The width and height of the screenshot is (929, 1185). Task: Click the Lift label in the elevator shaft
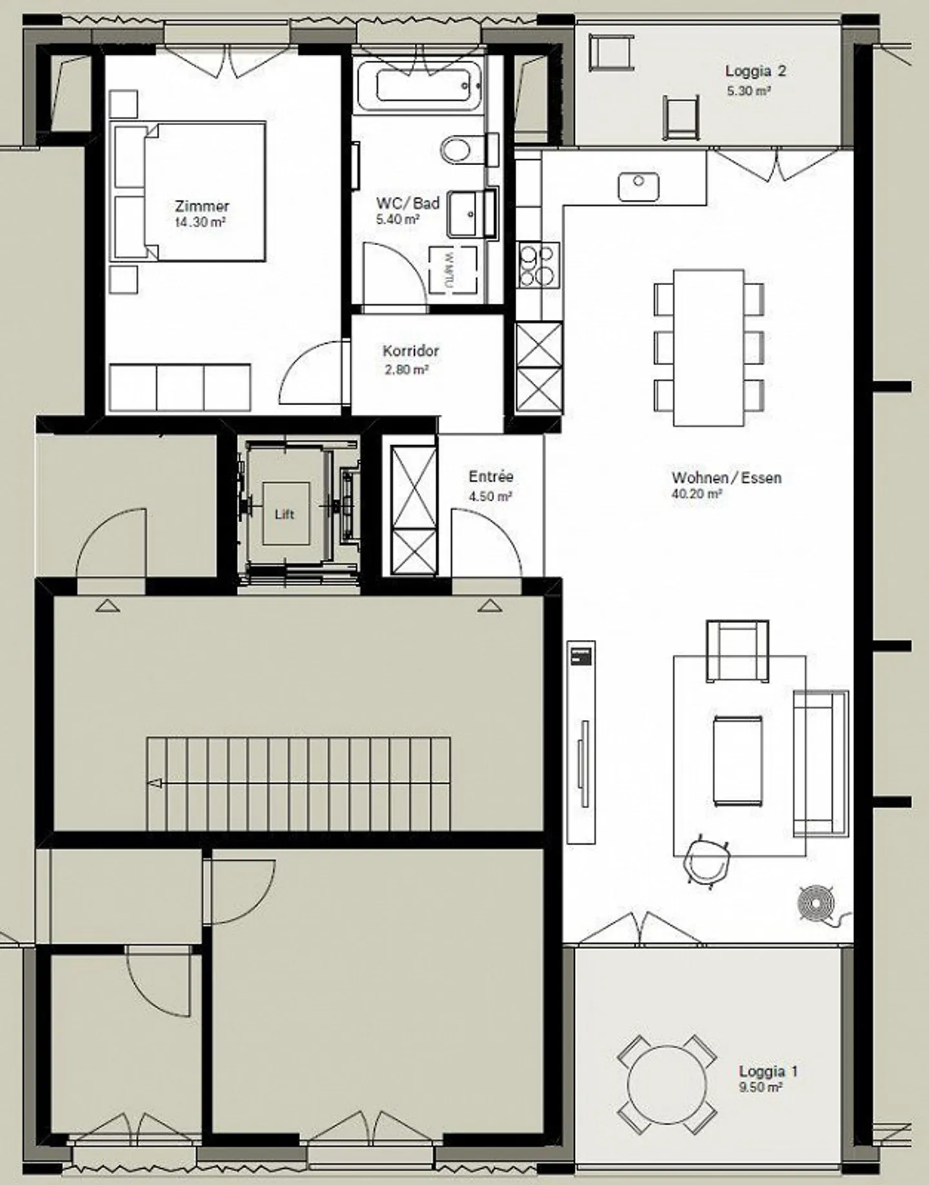285,514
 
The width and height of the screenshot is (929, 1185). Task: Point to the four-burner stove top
537,264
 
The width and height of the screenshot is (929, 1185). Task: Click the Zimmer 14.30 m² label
201,214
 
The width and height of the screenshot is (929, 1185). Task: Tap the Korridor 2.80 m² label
410,359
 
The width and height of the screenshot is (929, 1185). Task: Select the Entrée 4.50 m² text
490,485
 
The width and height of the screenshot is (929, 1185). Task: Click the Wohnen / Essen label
726,478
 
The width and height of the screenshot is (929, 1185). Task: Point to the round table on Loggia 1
667,1084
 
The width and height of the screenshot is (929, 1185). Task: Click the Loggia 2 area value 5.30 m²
749,91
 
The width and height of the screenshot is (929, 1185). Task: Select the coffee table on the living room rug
737,761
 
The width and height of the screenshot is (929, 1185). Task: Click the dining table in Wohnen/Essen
708,348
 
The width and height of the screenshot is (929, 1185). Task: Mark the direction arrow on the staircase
155,784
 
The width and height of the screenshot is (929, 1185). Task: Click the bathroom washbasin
463,214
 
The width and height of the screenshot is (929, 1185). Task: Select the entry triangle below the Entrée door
490,605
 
